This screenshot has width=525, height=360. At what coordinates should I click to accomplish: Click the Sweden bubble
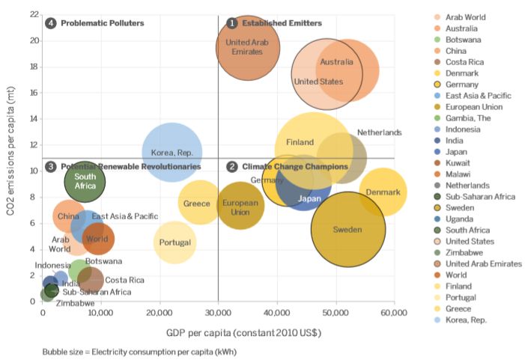pyautogui.click(x=348, y=230)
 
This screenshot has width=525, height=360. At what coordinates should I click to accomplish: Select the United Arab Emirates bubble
pyautogui.click(x=248, y=47)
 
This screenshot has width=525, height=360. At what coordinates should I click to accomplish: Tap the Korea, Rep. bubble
pyautogui.click(x=172, y=152)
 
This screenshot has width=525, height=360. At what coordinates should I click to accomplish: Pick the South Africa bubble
pyautogui.click(x=85, y=180)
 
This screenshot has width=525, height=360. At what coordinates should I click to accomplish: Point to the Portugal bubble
pyautogui.click(x=175, y=242)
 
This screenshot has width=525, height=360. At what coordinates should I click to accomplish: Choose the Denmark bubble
pyautogui.click(x=383, y=192)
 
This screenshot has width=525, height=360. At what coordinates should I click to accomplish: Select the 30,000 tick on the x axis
pyautogui.click(x=218, y=312)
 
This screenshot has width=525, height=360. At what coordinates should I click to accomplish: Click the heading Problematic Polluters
pyautogui.click(x=102, y=23)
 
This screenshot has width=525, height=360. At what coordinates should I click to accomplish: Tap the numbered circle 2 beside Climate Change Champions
pyautogui.click(x=232, y=166)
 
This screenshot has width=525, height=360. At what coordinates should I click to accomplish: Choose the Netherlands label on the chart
pyautogui.click(x=379, y=132)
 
